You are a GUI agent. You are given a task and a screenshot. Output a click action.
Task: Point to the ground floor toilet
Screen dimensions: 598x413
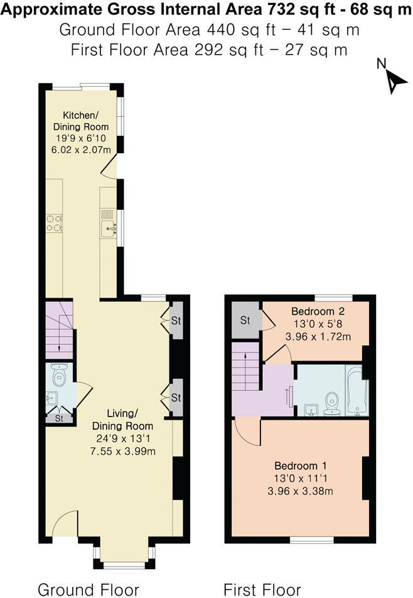tap(60, 376)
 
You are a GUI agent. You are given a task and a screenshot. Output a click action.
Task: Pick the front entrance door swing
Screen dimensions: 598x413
tap(64, 523)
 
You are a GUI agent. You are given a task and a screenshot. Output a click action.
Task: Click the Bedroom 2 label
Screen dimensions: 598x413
tap(318, 311)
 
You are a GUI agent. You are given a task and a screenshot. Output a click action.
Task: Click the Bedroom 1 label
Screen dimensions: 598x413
tap(301, 466)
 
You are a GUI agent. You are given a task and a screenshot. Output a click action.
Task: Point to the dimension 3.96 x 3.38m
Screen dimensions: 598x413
tap(301, 491)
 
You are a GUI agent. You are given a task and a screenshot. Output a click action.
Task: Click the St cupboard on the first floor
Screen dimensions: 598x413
tap(245, 320)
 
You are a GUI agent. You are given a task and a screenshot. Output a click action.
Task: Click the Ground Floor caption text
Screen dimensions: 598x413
tap(88, 589)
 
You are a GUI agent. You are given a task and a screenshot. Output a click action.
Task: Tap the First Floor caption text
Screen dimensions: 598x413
tap(262, 589)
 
